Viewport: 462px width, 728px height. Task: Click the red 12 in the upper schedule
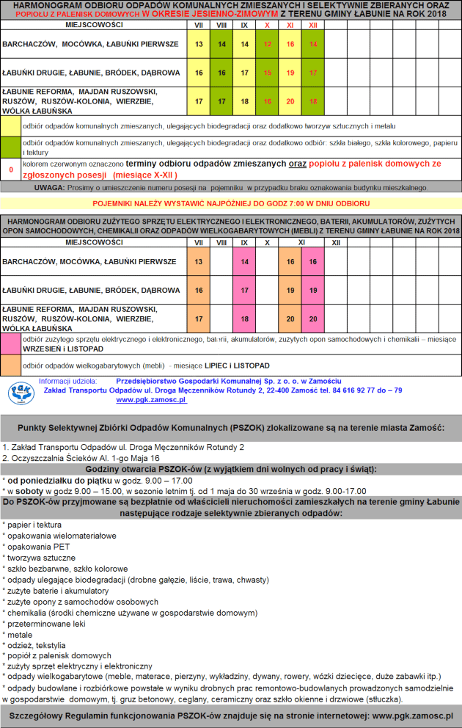[268, 44]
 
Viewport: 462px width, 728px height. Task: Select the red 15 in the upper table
[268, 73]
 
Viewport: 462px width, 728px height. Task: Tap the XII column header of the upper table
[313, 25]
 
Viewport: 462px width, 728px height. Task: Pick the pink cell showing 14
[245, 261]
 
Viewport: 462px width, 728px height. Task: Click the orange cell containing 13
[199, 261]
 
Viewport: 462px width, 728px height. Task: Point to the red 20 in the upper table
[290, 101]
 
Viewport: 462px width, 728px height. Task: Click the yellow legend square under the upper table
[11, 125]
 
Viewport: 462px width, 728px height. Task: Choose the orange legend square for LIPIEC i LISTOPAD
[11, 365]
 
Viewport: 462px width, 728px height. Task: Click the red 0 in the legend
[11, 170]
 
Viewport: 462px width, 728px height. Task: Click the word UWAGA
[49, 187]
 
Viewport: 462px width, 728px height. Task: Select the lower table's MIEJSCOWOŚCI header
[93, 241]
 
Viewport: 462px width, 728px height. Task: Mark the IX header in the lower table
[244, 241]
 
